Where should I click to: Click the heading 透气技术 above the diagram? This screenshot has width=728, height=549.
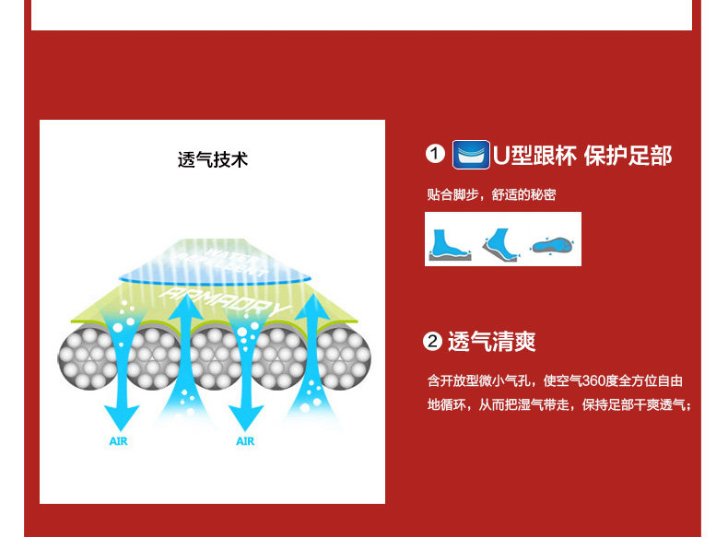coord(212,159)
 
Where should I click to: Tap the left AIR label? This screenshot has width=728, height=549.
coord(118,441)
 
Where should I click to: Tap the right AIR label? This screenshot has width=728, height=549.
coord(244,441)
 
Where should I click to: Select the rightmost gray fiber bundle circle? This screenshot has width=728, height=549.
coord(343,357)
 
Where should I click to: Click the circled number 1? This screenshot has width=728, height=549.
coord(435,154)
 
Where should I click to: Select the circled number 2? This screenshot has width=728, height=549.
coord(432,343)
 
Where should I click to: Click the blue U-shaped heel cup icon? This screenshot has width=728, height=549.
coord(471,154)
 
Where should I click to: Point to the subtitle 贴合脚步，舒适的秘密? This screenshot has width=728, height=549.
coord(491,194)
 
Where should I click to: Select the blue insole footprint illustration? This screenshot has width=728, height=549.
coord(554,245)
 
